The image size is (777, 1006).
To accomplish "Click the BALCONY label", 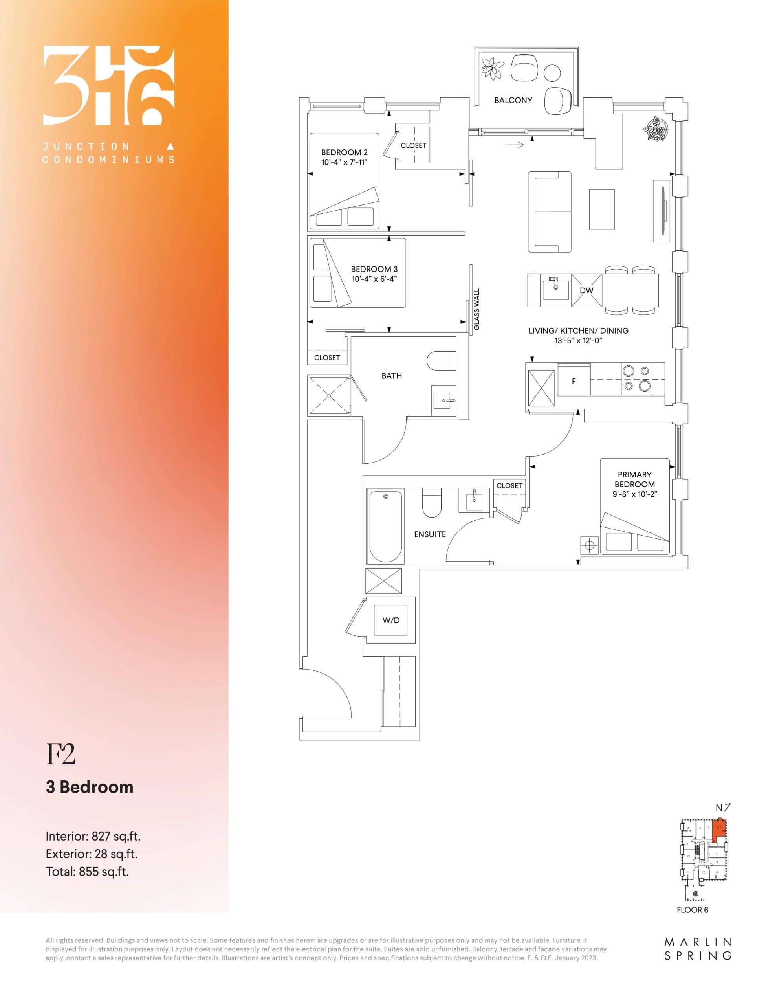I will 513,100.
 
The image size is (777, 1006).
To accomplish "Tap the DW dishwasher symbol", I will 586,290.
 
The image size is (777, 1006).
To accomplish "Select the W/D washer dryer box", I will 391,620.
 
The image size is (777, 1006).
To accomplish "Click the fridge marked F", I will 574,381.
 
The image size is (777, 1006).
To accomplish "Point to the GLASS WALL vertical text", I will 477,309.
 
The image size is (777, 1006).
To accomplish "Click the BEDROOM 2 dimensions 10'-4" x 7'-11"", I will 344,162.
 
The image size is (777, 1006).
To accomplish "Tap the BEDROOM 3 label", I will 374,269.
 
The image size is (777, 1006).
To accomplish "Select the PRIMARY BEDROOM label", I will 634,479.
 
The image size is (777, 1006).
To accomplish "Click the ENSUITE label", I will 430,534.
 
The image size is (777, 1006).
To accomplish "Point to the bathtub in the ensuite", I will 385,527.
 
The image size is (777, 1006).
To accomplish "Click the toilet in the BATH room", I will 441,361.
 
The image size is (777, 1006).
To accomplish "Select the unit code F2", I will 60,754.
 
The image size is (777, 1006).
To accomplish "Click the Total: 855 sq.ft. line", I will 87,872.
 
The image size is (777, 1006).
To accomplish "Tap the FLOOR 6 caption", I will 692,910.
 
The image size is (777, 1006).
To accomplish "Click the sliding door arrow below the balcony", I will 515,145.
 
